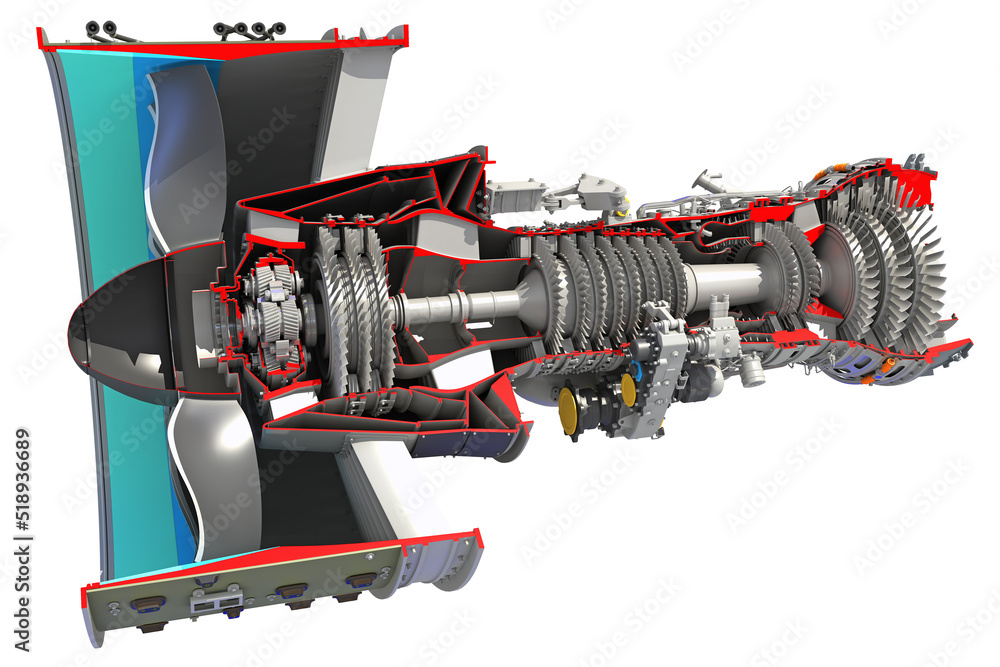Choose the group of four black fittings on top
(249, 30)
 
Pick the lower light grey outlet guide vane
(380, 500)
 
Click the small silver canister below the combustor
(750, 370)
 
